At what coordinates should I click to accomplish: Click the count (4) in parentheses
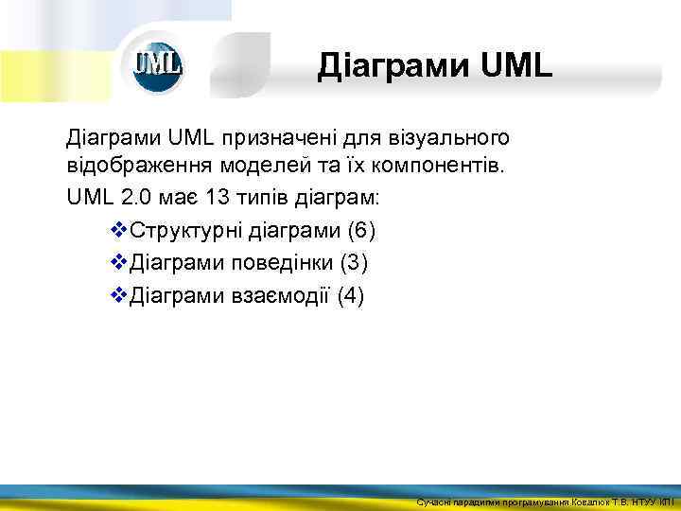pyautogui.click(x=349, y=295)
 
